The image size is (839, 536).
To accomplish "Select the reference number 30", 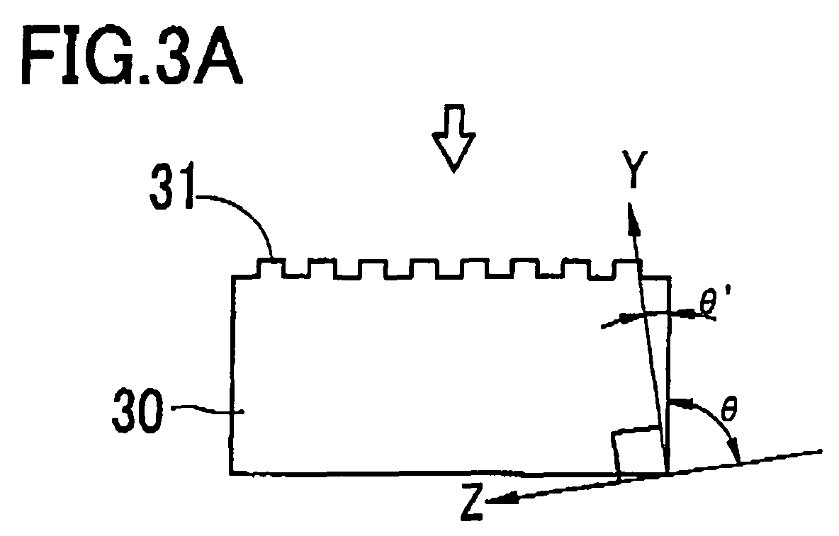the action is click(137, 411).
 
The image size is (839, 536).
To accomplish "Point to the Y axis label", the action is click(634, 169).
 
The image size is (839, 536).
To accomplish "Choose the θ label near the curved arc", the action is click(728, 409).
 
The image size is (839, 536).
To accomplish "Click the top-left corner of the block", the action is click(232, 276).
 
